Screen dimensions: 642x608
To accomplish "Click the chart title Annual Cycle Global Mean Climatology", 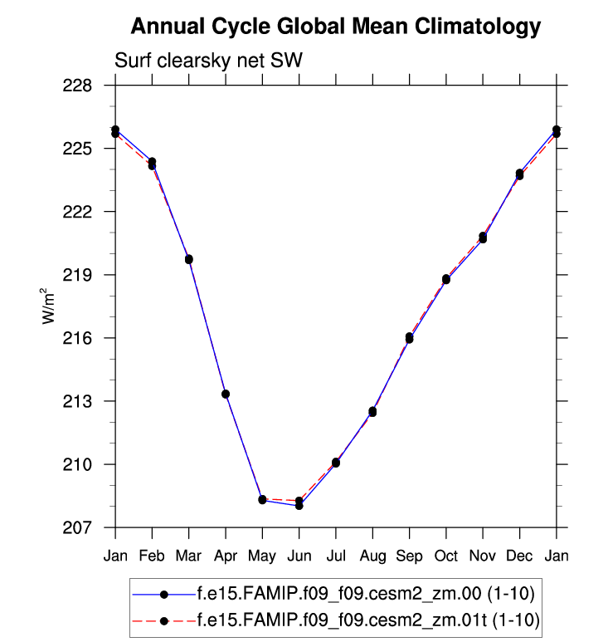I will click(x=335, y=27).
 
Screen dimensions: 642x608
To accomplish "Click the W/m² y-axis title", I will click(x=49, y=306).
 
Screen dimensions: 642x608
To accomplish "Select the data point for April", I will click(x=226, y=394).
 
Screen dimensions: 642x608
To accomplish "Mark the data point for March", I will click(x=189, y=259).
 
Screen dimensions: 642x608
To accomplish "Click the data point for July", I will click(x=336, y=463).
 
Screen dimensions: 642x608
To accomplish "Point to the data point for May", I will click(x=262, y=499).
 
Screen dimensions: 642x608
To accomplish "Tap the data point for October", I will click(x=446, y=279).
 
